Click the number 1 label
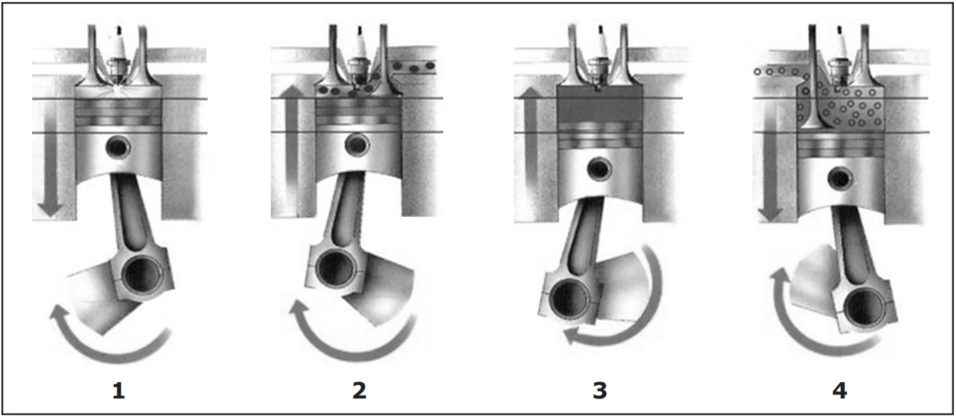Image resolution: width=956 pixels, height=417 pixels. click(119, 391)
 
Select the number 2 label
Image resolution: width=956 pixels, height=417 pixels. click(360, 391)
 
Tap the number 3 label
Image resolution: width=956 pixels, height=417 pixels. click(600, 391)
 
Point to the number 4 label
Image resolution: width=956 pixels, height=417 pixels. click(839, 391)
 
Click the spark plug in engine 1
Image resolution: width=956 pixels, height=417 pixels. click(118, 55)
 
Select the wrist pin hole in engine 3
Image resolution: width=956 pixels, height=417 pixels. click(599, 168)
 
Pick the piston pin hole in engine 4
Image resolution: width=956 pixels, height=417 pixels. click(840, 178)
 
